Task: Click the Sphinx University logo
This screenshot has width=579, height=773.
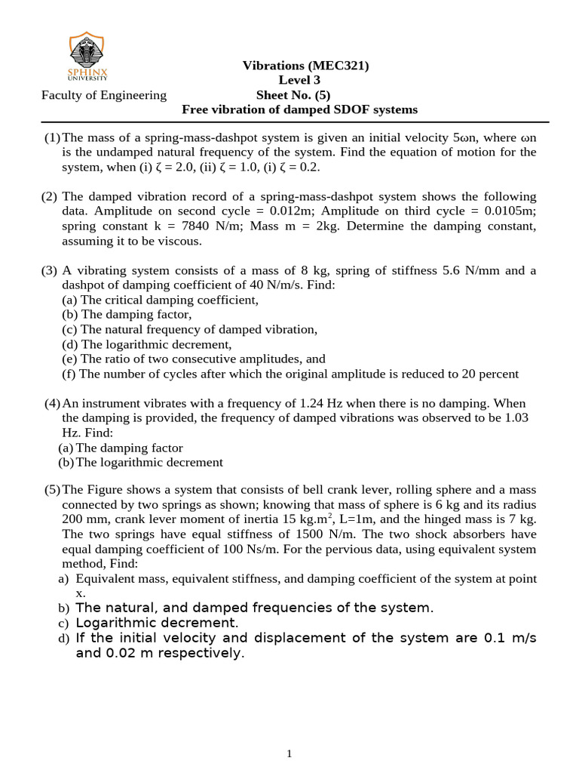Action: (x=87, y=56)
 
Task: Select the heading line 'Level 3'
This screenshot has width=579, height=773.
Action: (x=299, y=80)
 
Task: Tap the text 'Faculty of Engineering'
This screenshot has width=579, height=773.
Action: (x=104, y=95)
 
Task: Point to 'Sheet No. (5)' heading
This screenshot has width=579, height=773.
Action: (x=299, y=95)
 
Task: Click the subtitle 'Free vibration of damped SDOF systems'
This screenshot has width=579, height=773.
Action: (x=299, y=109)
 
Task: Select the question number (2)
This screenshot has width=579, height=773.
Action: (x=50, y=196)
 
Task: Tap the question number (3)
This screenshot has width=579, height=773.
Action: (x=50, y=270)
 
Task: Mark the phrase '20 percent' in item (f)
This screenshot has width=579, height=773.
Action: (x=492, y=374)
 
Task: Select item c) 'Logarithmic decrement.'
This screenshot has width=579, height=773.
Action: (x=157, y=623)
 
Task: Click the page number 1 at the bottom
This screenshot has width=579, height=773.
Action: (x=289, y=753)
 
